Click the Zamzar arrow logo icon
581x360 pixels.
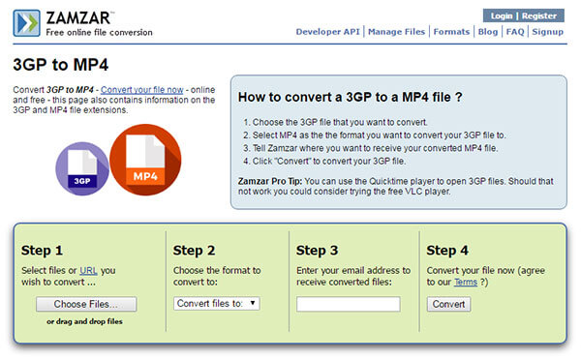[26, 23]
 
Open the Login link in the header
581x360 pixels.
[502, 15]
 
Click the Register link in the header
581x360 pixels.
[539, 15]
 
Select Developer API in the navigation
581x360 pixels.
[327, 32]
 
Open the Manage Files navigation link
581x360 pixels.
[396, 32]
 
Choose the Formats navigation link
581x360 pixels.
[451, 32]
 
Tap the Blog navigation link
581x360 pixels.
[488, 32]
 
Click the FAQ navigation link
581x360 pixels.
[515, 32]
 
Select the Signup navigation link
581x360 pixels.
[548, 32]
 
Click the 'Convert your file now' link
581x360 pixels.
[142, 90]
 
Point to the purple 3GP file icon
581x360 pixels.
[82, 169]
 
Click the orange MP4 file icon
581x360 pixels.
[145, 160]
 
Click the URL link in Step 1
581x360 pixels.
[88, 271]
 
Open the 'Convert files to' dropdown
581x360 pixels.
[217, 304]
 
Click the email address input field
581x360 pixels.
[349, 304]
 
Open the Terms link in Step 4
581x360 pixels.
[466, 283]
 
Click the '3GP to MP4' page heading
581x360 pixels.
[61, 65]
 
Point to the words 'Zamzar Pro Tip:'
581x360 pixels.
[270, 182]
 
